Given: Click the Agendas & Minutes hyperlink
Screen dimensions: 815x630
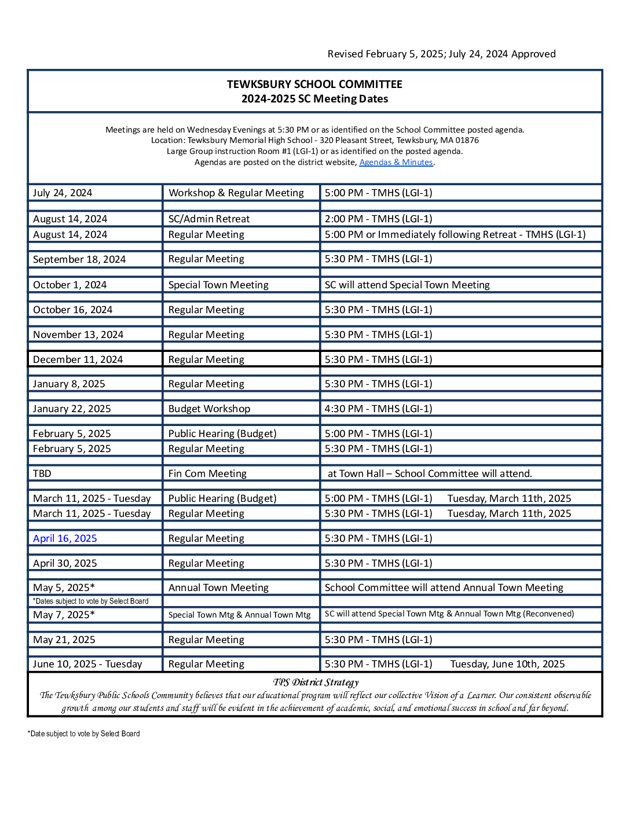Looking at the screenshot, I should [x=396, y=163].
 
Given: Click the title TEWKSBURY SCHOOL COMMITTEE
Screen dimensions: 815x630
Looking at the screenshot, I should [x=314, y=85].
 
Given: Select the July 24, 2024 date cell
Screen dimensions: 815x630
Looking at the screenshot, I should [x=63, y=193].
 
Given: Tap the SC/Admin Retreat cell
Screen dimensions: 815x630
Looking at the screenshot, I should [x=209, y=219].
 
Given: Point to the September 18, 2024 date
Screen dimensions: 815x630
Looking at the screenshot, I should [x=79, y=259].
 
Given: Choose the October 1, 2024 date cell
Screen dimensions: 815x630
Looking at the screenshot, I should [x=70, y=285].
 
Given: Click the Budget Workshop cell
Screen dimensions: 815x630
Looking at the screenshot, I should [x=209, y=409].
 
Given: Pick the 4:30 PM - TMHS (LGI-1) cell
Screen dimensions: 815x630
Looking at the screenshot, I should [x=378, y=409].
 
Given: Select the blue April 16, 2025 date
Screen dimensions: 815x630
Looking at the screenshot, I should [x=65, y=538].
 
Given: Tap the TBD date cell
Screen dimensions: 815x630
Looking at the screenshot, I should [x=42, y=473].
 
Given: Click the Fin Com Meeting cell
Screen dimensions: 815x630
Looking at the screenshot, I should [x=207, y=473].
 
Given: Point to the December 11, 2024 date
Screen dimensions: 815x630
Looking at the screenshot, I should [x=78, y=359].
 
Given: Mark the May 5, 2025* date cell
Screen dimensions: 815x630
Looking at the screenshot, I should [x=64, y=588].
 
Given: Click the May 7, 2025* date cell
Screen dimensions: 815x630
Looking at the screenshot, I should [x=64, y=615].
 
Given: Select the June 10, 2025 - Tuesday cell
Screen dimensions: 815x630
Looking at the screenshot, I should [x=87, y=664].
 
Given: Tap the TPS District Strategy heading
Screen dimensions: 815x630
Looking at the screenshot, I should [x=316, y=682].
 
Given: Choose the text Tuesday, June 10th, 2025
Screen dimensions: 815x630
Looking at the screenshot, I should [x=507, y=664].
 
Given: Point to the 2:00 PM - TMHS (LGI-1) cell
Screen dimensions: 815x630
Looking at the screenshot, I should [x=378, y=219].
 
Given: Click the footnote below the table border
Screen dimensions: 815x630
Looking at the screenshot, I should [x=84, y=734].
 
